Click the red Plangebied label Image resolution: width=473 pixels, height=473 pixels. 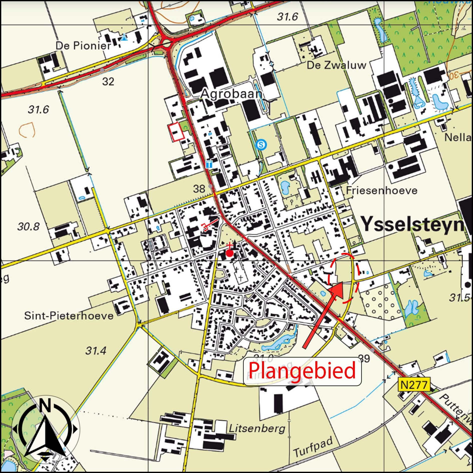[x=302, y=371]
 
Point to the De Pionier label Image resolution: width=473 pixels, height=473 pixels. [x=83, y=46]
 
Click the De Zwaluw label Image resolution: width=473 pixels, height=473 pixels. [x=336, y=65]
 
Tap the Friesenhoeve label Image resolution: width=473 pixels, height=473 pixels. [x=382, y=191]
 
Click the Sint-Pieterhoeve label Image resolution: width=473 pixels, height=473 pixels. [x=69, y=316]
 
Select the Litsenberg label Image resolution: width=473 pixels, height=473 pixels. [x=257, y=429]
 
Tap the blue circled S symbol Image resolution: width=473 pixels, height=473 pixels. [x=261, y=144]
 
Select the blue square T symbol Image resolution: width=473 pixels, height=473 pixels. [x=209, y=164]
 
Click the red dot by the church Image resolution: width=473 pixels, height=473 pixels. [x=229, y=254]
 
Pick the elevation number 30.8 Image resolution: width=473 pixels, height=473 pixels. [x=28, y=227]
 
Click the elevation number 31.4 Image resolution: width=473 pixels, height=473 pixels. [x=96, y=351]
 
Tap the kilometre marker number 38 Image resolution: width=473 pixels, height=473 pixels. [x=199, y=189]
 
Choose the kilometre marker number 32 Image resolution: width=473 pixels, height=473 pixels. [x=108, y=82]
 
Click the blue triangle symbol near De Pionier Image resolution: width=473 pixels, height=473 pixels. [x=124, y=38]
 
